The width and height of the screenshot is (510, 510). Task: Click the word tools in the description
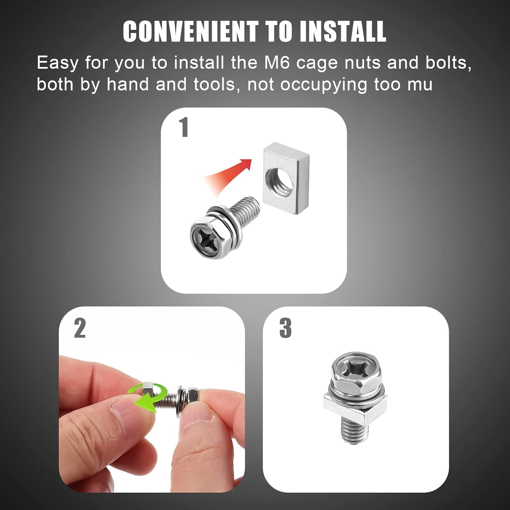pos(214,84)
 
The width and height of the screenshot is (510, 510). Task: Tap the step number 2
pos(80,328)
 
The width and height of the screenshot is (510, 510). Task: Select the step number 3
pos(285,328)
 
